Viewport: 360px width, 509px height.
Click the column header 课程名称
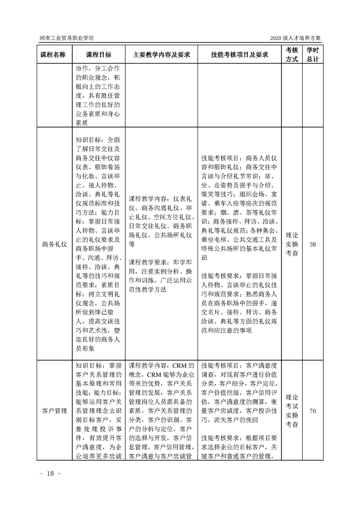53,55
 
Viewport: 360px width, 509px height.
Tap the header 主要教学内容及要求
161,55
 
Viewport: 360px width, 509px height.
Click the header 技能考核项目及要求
239,55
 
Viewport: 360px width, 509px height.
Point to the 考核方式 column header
291,55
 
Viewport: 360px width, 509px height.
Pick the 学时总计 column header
312,55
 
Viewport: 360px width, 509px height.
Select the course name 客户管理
53,411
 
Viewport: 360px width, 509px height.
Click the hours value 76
312,411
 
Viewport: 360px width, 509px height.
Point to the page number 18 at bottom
47,473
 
